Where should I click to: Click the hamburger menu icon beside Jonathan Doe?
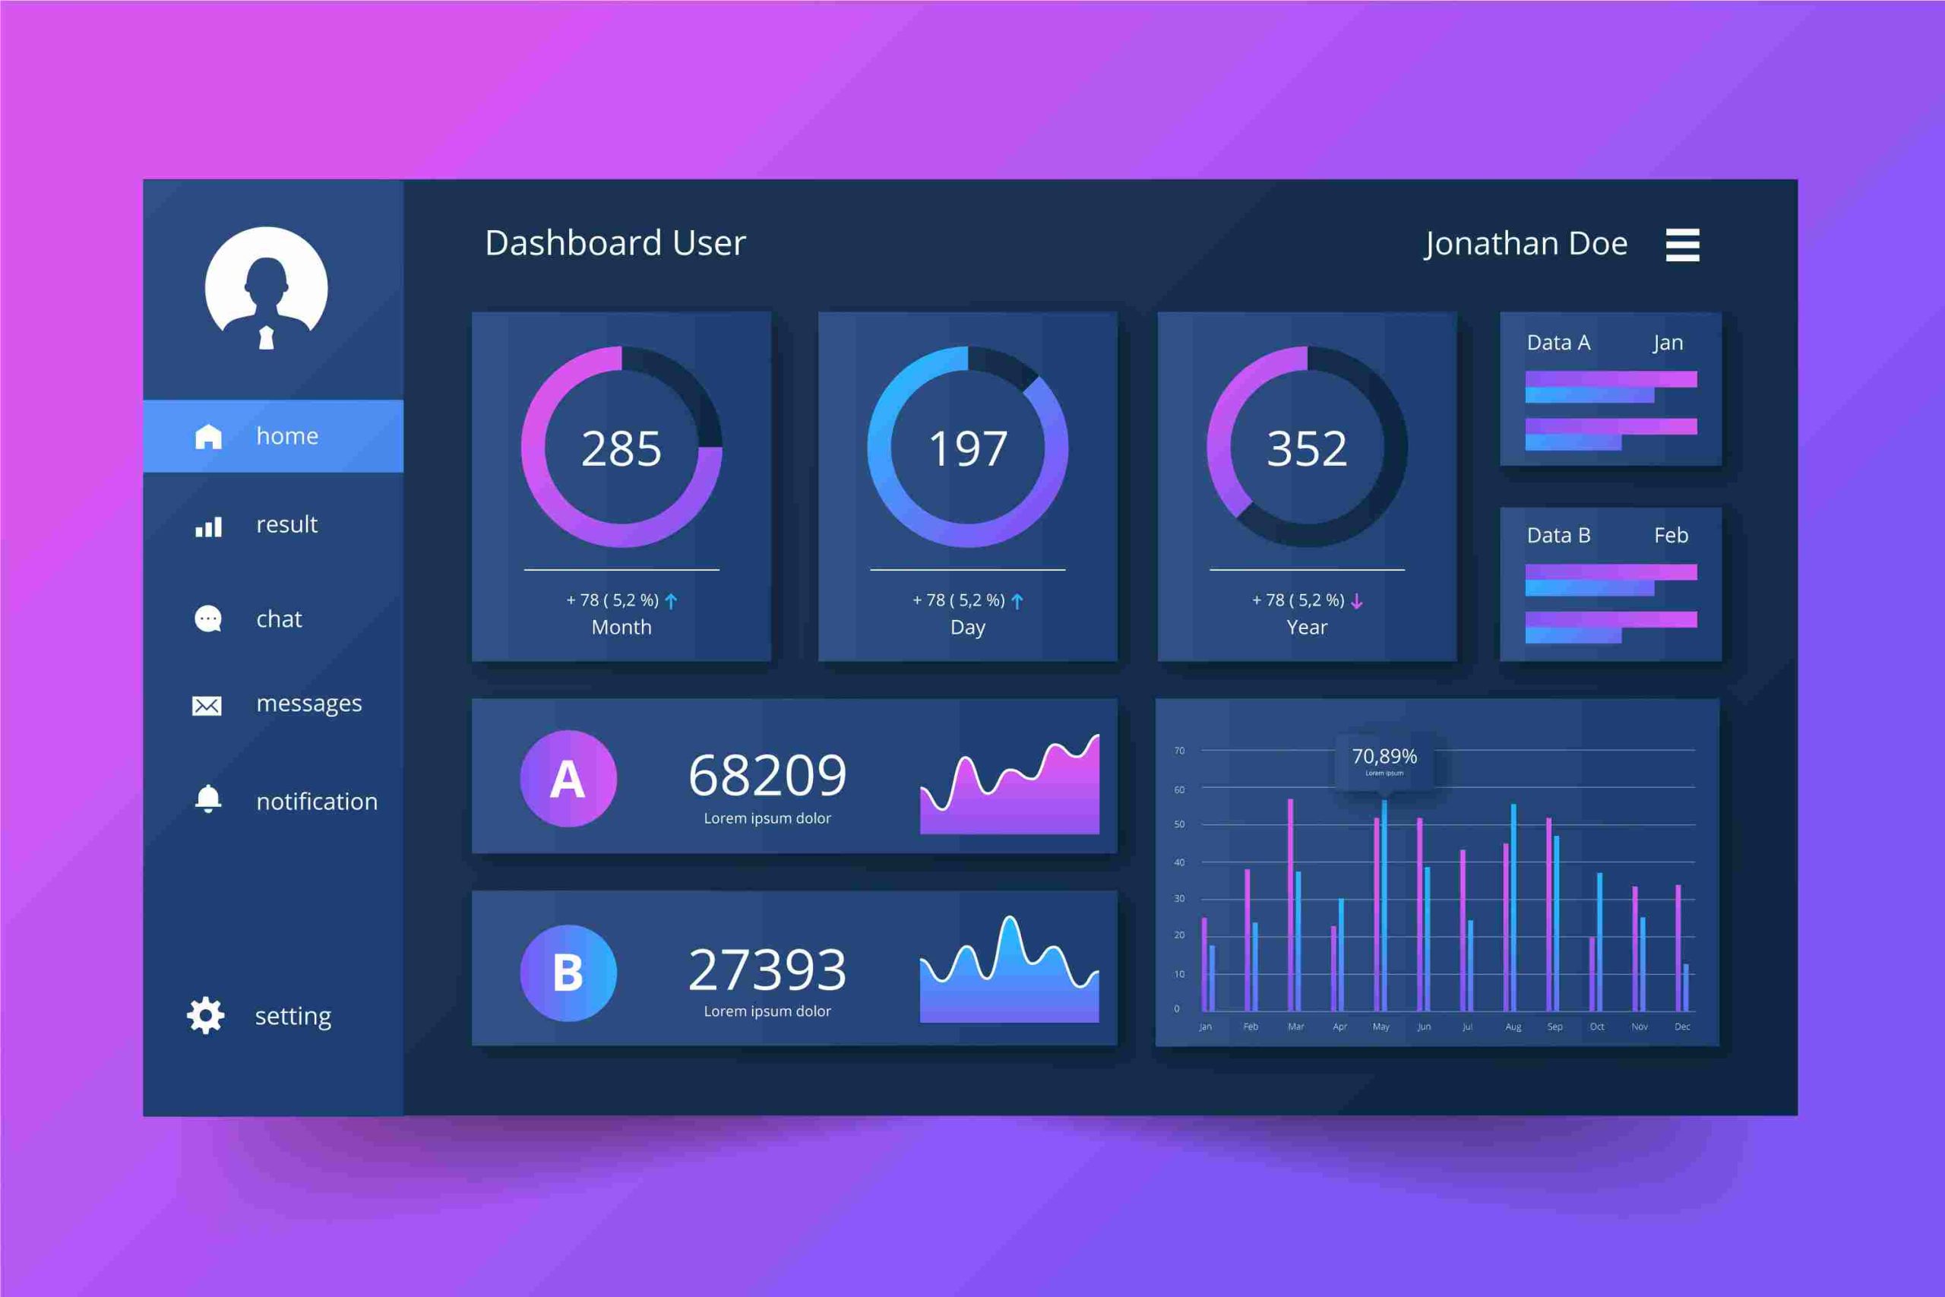point(1682,245)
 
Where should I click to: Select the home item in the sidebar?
point(273,436)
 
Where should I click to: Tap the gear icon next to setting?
point(206,1016)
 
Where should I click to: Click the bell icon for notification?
point(207,799)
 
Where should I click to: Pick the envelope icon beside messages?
point(207,705)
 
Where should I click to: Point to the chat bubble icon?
point(207,618)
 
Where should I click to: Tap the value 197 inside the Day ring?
point(967,449)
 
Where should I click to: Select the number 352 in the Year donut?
point(1307,449)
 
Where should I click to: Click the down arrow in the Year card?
point(1356,601)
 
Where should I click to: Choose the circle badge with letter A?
point(568,778)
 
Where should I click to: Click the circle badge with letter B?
point(568,973)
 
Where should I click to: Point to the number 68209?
point(767,776)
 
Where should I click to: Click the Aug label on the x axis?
point(1513,1027)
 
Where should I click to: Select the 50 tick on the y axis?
point(1178,824)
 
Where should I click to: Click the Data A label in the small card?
point(1558,343)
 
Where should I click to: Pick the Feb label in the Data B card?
point(1671,535)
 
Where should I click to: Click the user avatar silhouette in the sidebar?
point(266,289)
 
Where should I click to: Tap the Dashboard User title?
point(615,243)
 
